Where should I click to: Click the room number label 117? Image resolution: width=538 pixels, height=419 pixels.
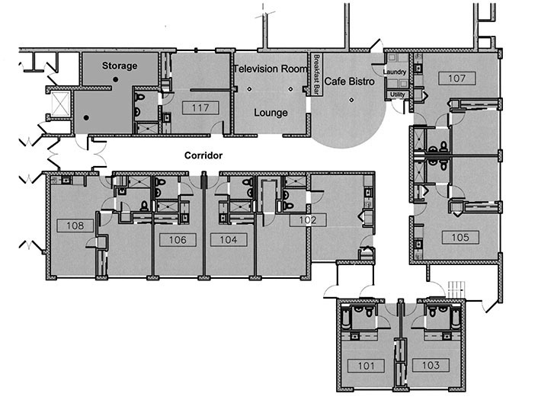coord(200,108)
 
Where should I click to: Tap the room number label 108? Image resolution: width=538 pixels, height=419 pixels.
coord(75,225)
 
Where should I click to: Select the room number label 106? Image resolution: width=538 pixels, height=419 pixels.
coord(178,240)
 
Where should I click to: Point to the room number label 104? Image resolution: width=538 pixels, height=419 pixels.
coord(229,240)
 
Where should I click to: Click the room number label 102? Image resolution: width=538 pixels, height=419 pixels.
coord(308,220)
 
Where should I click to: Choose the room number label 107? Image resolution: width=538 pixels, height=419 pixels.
coord(457,78)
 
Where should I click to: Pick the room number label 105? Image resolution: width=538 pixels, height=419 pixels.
coord(460,237)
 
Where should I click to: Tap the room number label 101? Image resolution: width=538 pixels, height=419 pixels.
coord(366,366)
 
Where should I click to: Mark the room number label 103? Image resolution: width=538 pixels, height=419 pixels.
coord(431,365)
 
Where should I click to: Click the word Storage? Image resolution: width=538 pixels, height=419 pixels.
coord(120,66)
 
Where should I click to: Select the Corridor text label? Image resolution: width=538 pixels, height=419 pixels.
coord(203,155)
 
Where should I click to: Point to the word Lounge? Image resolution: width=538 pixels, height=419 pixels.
coord(271,113)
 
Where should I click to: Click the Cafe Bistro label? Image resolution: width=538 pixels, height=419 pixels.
coord(349,82)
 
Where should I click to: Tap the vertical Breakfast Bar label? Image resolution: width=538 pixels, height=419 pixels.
coord(317,75)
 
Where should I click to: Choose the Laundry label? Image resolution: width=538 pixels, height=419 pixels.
coord(395,72)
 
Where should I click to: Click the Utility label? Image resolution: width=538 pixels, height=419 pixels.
coord(397,94)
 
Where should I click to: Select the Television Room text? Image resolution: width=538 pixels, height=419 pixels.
coord(271,69)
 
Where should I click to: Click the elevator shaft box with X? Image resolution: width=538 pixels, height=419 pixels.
coord(61,103)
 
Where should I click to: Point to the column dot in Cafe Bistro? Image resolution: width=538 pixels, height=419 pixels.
coord(351,100)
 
